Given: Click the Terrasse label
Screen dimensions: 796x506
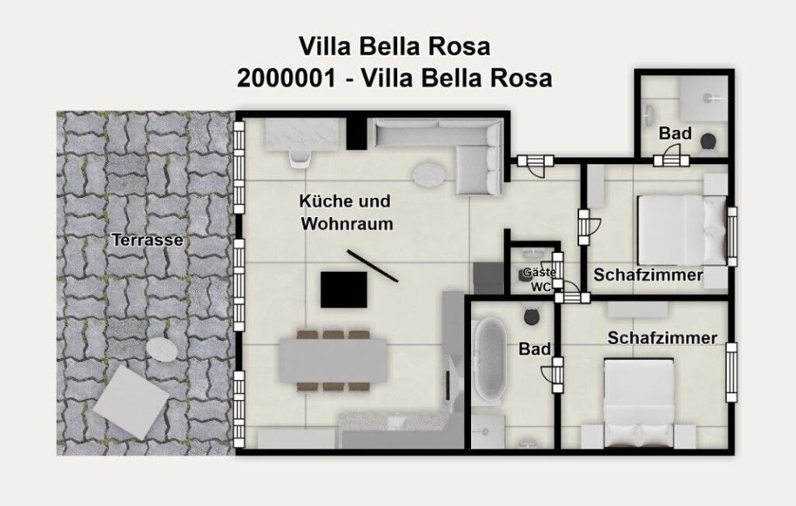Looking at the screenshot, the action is tap(147, 240).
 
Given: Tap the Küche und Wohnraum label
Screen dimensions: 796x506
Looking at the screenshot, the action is tap(347, 212).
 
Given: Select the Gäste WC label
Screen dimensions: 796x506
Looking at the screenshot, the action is tap(539, 279).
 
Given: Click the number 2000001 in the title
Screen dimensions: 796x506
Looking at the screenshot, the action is tap(287, 78).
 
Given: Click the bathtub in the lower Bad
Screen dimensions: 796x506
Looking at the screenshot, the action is tap(491, 360).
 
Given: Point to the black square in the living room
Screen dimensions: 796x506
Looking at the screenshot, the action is tap(344, 290).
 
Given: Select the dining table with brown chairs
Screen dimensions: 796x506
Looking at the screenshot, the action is tap(333, 360).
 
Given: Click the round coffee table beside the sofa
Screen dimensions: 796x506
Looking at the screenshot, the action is tap(429, 174).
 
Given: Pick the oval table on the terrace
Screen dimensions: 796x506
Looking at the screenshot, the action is tap(162, 350).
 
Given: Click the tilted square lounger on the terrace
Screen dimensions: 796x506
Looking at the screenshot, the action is tap(131, 402).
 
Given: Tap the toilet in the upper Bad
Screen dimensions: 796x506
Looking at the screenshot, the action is tap(708, 142).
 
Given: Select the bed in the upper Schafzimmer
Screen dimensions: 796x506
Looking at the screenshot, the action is tap(681, 230).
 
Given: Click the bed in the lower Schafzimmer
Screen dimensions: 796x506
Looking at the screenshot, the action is tap(639, 402).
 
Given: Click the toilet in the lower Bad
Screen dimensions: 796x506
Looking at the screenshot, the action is tap(532, 316).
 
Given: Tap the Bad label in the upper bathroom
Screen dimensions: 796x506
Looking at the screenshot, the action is tap(676, 133).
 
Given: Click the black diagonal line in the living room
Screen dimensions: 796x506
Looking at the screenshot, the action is tap(372, 265).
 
